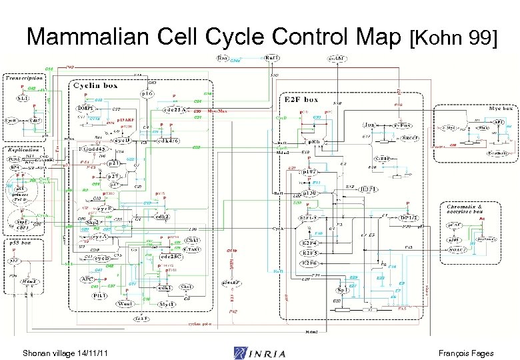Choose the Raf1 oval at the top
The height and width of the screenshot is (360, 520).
[273, 59]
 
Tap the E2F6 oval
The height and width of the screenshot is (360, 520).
[309, 263]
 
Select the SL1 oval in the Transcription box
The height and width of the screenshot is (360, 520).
[23, 99]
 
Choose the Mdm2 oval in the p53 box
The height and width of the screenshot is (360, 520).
[29, 282]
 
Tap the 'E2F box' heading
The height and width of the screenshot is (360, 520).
[301, 99]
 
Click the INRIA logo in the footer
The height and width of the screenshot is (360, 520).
[260, 353]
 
